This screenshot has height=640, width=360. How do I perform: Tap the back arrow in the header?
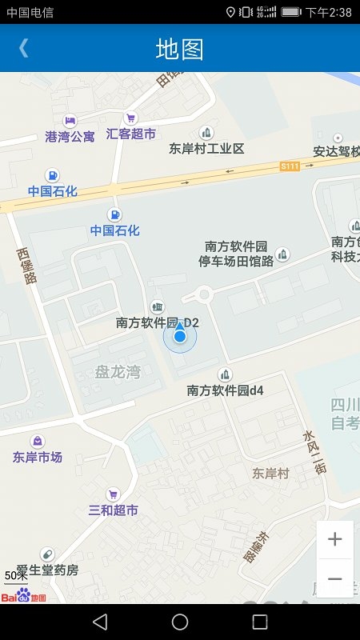pyautogui.click(x=23, y=48)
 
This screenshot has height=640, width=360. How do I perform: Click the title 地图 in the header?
pyautogui.click(x=179, y=49)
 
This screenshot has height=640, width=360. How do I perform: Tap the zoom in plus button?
pyautogui.click(x=335, y=539)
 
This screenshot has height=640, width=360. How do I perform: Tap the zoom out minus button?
pyautogui.click(x=335, y=578)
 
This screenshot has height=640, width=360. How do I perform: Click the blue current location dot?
pyautogui.click(x=180, y=337)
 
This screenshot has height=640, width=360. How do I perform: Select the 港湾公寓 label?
pyautogui.click(x=70, y=137)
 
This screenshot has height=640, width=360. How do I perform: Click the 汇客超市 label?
pyautogui.click(x=131, y=134)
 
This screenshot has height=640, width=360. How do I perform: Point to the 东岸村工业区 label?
pyautogui.click(x=206, y=149)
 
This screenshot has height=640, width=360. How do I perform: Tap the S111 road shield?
pyautogui.click(x=290, y=166)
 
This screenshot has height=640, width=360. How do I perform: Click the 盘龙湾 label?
pyautogui.click(x=118, y=372)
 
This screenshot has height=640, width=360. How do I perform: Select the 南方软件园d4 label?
pyautogui.click(x=226, y=390)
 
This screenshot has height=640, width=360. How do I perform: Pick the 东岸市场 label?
pyautogui.click(x=38, y=458)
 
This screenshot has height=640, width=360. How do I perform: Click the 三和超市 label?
pyautogui.click(x=113, y=510)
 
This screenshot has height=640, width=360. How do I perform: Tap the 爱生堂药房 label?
pyautogui.click(x=48, y=570)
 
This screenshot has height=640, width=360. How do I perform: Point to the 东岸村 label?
pyautogui.click(x=270, y=473)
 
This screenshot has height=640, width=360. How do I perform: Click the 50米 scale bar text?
pyautogui.click(x=16, y=575)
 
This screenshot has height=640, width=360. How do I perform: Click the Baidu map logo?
pyautogui.click(x=23, y=596)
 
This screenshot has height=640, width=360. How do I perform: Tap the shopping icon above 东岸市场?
pyautogui.click(x=38, y=441)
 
